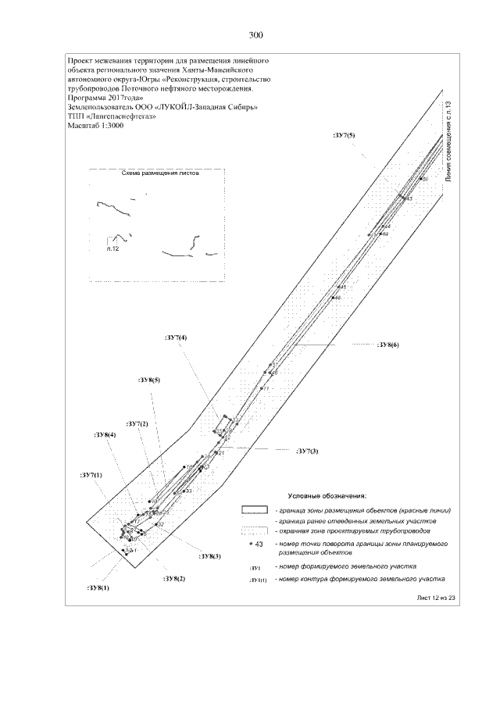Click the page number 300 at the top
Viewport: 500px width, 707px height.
(255, 35)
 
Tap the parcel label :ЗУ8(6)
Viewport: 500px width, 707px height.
(387, 345)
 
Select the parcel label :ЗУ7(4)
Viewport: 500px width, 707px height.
(177, 337)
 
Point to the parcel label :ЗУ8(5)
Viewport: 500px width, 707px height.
(149, 380)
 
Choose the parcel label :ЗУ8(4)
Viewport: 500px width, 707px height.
(105, 434)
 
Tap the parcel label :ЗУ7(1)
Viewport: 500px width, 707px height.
(91, 475)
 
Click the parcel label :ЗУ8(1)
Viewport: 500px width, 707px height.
(98, 587)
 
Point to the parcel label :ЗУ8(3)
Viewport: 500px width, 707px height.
(210, 556)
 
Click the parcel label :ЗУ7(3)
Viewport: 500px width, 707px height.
(307, 451)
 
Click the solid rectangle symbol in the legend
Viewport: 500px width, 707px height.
(254, 509)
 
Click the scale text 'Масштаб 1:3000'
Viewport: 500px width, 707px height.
(96, 125)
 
